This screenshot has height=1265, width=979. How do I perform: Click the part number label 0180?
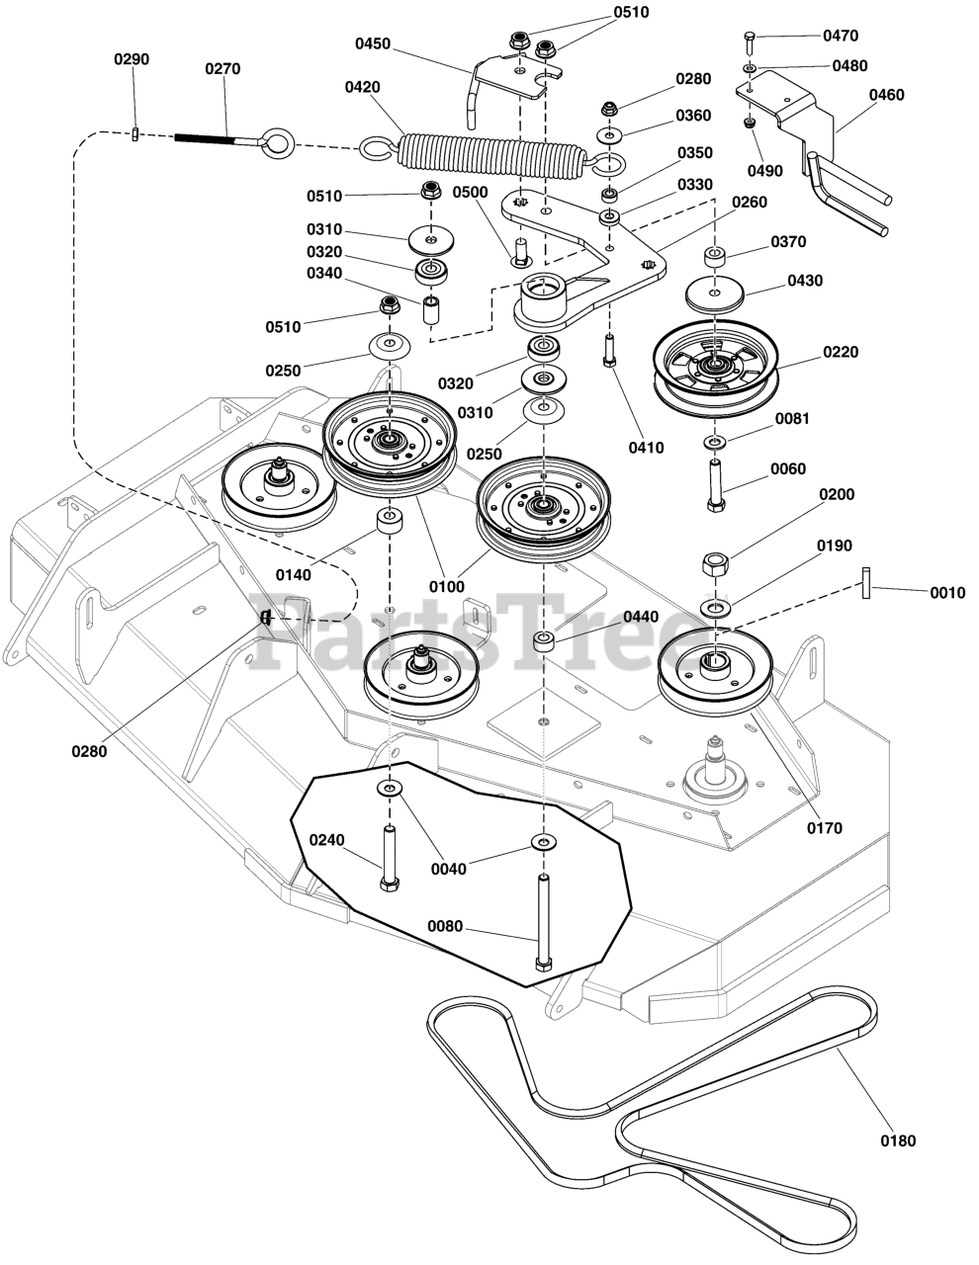coord(898,1140)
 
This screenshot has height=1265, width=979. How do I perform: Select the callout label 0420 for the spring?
coord(362,87)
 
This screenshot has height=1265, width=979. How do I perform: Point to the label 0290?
coord(132,59)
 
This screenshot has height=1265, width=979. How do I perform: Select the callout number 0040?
coord(449,869)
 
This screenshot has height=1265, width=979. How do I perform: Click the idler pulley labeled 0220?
coord(715,366)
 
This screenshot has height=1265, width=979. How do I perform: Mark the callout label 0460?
coord(886,96)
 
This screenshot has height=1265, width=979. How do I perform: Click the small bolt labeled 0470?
coord(750,42)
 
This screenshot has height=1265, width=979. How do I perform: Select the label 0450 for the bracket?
coord(373,44)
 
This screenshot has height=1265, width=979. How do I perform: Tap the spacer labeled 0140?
coord(389,521)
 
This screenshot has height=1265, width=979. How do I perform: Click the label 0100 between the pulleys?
coord(446,587)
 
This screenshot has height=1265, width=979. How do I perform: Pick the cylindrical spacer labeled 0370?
coord(717,258)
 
